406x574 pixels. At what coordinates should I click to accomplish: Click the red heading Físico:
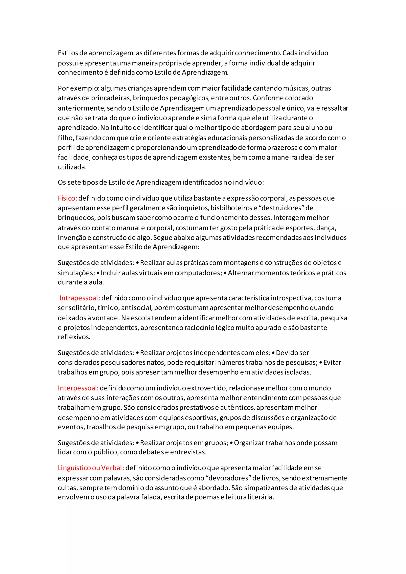[x=67, y=198]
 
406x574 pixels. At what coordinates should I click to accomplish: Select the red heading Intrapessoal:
[x=80, y=298]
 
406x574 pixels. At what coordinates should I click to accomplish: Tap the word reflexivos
[x=74, y=337]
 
